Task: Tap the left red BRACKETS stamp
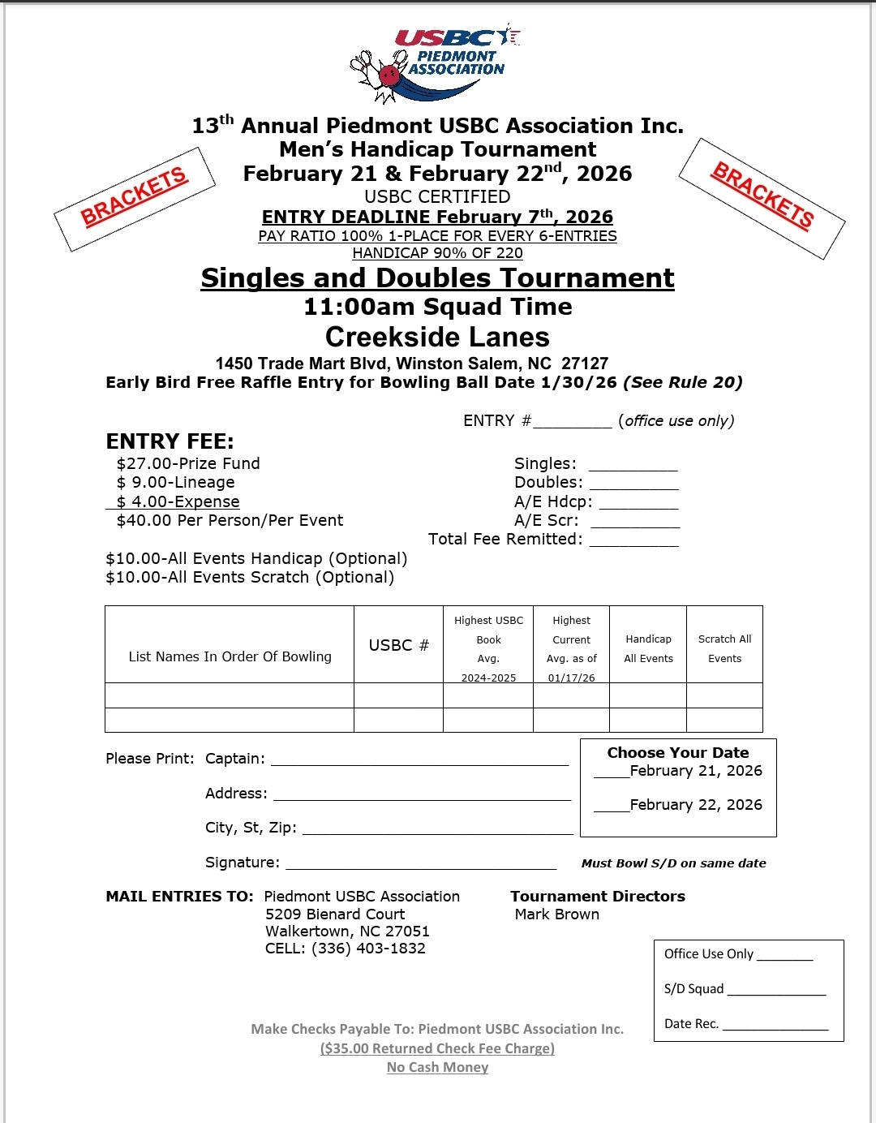coord(135,198)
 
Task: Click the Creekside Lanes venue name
coord(437,337)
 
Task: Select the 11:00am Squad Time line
coord(437,307)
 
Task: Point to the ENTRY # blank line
coord(572,423)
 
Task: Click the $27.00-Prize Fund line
coord(188,463)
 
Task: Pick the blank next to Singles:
coord(633,466)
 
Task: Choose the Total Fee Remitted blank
coord(633,541)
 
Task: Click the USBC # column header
coord(398,645)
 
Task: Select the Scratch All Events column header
coord(724,648)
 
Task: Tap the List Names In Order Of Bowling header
coord(230,656)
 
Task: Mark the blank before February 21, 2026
coord(611,773)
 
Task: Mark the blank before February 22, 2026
coord(611,807)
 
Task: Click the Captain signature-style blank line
coord(419,760)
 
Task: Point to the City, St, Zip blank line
coord(437,829)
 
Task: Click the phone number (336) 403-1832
coord(368,949)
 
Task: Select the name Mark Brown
coord(557,914)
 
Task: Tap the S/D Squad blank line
coord(776,991)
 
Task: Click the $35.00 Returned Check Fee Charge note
coord(437,1048)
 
